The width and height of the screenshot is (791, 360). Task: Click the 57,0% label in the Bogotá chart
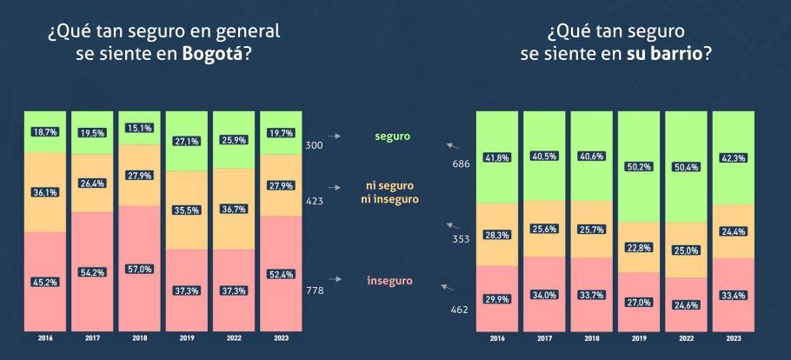pos(139,269)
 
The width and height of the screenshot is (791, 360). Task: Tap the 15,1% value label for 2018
pos(139,128)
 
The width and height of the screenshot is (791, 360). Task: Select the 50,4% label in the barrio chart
pos(686,166)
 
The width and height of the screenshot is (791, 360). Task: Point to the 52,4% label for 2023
pos(280,277)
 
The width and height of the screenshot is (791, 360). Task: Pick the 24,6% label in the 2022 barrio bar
pos(686,304)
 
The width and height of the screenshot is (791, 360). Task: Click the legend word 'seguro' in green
pos(392,137)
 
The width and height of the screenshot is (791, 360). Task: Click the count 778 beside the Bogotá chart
pos(315,290)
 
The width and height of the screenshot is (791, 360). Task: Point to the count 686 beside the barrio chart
pos(462,163)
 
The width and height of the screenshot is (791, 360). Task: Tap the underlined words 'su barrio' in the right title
pos(663,54)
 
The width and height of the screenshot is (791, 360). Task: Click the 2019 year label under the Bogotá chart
pos(186,338)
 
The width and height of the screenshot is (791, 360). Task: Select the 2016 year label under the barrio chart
pos(497,338)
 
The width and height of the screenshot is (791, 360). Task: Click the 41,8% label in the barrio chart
pos(497,157)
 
